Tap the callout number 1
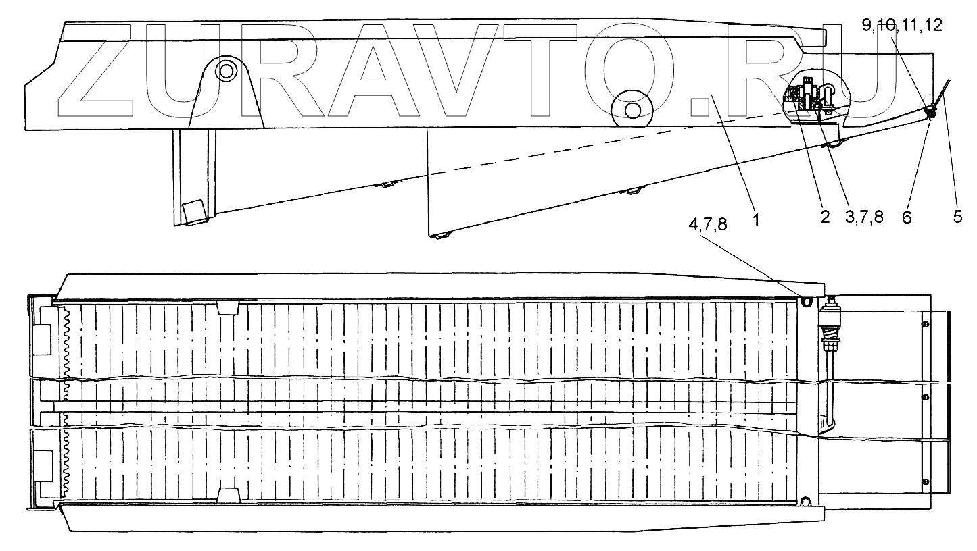tap(757, 219)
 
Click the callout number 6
tap(907, 217)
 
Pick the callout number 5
tap(958, 217)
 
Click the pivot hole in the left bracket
tap(225, 70)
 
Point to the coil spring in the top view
tap(828, 334)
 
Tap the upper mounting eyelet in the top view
tap(806, 302)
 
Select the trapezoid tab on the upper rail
tap(229, 308)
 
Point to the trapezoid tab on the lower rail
tap(229, 496)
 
